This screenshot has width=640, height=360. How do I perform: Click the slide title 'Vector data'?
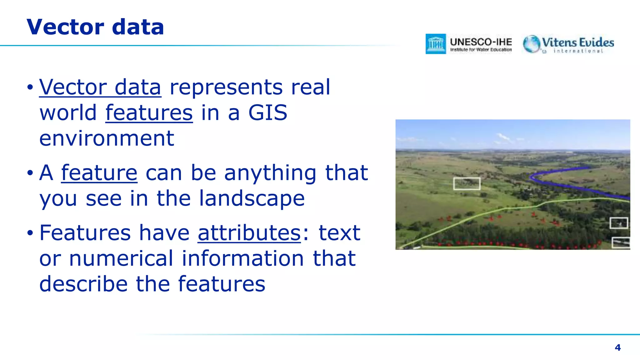point(95,27)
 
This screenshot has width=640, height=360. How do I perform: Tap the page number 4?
point(617,347)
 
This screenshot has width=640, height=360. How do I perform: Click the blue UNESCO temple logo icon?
point(436,44)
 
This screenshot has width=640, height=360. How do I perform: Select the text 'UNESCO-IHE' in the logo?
point(481,42)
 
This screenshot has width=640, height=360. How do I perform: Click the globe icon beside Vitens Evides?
point(532,44)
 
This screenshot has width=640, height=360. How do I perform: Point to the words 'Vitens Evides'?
point(578,42)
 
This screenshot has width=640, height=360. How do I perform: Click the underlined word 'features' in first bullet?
point(149,113)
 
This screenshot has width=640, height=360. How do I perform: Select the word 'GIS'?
point(267,113)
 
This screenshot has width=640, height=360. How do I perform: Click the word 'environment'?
point(107,138)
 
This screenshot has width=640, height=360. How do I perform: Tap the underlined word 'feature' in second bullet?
point(99,173)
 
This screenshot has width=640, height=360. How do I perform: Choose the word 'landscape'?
point(252,198)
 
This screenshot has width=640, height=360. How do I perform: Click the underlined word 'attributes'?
point(249,233)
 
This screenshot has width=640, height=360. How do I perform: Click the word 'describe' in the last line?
point(83,284)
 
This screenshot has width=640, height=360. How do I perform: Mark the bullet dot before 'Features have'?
point(30,233)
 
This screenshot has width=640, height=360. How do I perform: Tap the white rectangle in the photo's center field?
point(467,184)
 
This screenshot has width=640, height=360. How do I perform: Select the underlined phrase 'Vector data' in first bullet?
point(100,87)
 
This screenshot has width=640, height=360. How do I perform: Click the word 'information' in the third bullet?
point(243,258)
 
